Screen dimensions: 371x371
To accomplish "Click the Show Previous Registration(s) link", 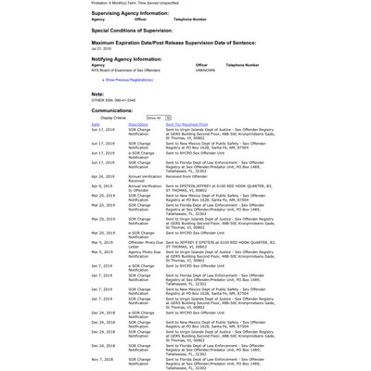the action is [129, 80].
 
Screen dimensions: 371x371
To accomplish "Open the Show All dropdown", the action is [159, 118].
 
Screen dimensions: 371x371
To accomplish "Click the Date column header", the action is [96, 123].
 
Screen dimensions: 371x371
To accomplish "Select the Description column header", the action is [138, 123].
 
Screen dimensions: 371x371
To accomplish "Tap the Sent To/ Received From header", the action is [186, 123].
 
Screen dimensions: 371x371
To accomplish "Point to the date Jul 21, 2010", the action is [102, 48].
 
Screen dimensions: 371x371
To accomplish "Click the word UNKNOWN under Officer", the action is [205, 70].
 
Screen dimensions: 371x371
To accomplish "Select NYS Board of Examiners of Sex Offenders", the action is [125, 70].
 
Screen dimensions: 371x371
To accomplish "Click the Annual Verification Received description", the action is [145, 177].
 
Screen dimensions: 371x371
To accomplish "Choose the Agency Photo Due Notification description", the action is [146, 253].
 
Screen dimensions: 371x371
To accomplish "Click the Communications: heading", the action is [112, 109].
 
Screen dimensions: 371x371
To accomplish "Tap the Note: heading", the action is [97, 94].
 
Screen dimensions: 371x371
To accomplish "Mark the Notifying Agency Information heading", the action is [126, 58].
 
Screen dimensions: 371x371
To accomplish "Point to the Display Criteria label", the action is [113, 118].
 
